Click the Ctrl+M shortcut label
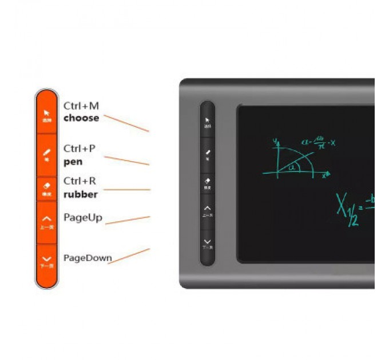click(x=81, y=106)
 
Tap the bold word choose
click(x=81, y=118)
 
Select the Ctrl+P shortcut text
click(x=80, y=149)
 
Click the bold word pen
click(x=73, y=161)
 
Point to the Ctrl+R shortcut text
click(x=80, y=181)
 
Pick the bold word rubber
click(x=81, y=194)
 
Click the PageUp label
click(x=83, y=217)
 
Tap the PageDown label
click(x=88, y=258)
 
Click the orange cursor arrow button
click(x=47, y=115)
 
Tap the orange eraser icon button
click(x=47, y=188)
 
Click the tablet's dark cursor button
click(x=208, y=121)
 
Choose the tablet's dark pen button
click(x=208, y=153)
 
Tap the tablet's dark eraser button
click(x=208, y=182)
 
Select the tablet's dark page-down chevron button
click(x=208, y=243)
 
